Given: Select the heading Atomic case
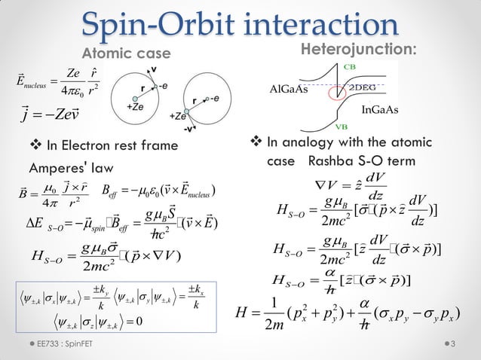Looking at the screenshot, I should [121, 53].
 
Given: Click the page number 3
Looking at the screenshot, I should [453, 345].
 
